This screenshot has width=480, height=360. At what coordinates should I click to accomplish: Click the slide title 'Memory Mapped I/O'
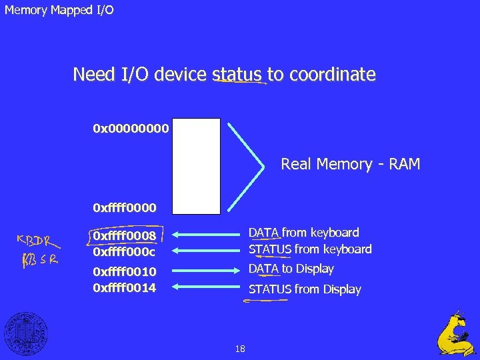[x=59, y=11]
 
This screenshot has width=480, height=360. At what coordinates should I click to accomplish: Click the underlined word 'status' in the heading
[x=237, y=75]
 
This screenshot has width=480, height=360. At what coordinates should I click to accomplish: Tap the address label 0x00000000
[x=131, y=127]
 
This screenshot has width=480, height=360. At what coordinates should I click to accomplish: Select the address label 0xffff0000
[x=125, y=209]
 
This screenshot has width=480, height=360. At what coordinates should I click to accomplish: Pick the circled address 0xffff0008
[x=125, y=235]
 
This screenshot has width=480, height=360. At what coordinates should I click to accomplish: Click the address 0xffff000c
[x=125, y=251]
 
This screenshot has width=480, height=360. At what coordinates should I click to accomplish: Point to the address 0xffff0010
[x=125, y=271]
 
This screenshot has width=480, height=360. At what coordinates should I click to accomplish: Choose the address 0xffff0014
[x=125, y=287]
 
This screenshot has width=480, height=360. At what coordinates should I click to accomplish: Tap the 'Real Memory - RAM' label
[x=350, y=164]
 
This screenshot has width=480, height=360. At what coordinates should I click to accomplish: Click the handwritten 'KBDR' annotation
[x=37, y=241]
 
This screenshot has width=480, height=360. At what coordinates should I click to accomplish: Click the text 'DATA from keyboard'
[x=303, y=233]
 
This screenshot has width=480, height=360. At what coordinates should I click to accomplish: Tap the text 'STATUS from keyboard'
[x=310, y=249]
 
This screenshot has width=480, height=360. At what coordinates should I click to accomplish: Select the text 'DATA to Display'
[x=291, y=269]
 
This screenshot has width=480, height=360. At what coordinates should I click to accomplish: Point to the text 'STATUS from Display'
[x=305, y=289]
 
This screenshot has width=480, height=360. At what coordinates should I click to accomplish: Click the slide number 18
[x=240, y=349]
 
